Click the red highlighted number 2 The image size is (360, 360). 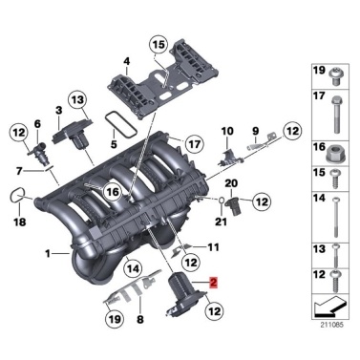(214, 284)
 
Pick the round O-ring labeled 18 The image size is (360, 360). (16, 198)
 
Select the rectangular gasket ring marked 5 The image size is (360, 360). (117, 121)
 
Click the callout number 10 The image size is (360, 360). (226, 129)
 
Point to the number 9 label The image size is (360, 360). (255, 130)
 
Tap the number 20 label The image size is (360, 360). (230, 183)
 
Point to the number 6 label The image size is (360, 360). (37, 124)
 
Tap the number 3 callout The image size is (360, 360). (58, 112)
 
